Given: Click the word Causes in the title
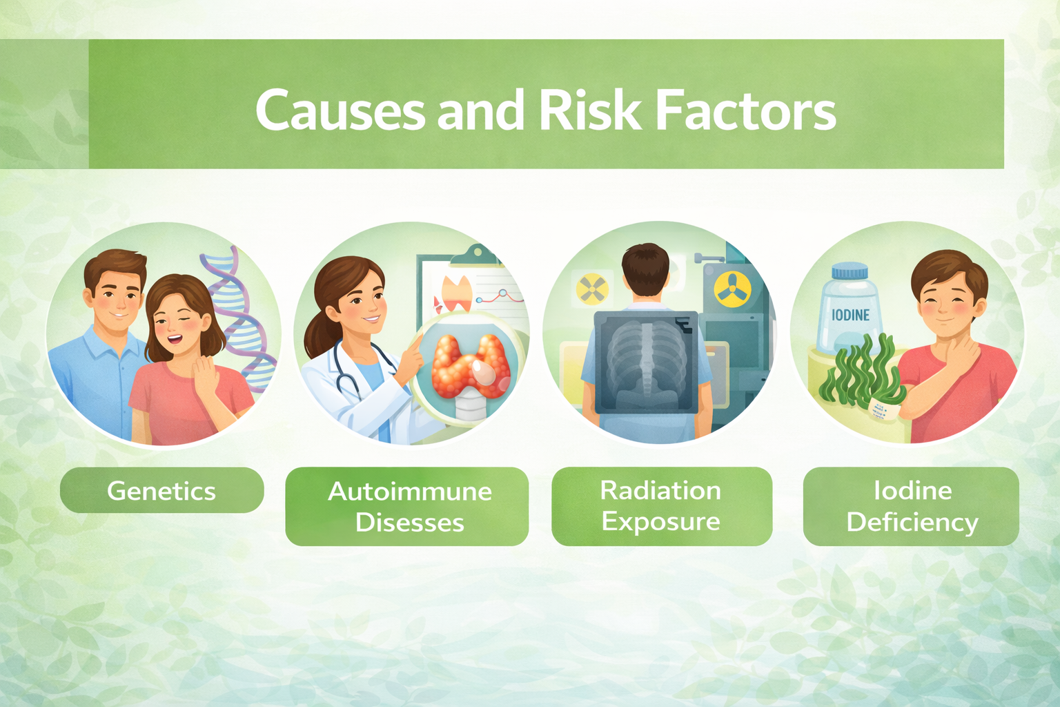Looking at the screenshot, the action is pos(340,110).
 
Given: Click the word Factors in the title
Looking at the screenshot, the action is pos(746,110).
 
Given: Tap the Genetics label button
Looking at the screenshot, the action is pos(162,490).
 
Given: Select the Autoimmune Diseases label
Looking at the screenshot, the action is pos(407,506).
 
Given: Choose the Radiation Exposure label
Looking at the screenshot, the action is pos(662,506).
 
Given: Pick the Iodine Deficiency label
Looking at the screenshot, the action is pos(911,506).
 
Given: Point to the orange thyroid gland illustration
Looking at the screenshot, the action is pos(470,365).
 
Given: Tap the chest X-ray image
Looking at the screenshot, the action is pos(646,362).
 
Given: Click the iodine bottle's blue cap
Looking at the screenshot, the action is pos(850,271).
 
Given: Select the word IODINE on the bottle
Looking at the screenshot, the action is pos(850,316).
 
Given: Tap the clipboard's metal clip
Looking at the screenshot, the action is pos(475,255).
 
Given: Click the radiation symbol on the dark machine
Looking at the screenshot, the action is pos(732,289).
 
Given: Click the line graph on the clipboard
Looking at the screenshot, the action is pos(500,297).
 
